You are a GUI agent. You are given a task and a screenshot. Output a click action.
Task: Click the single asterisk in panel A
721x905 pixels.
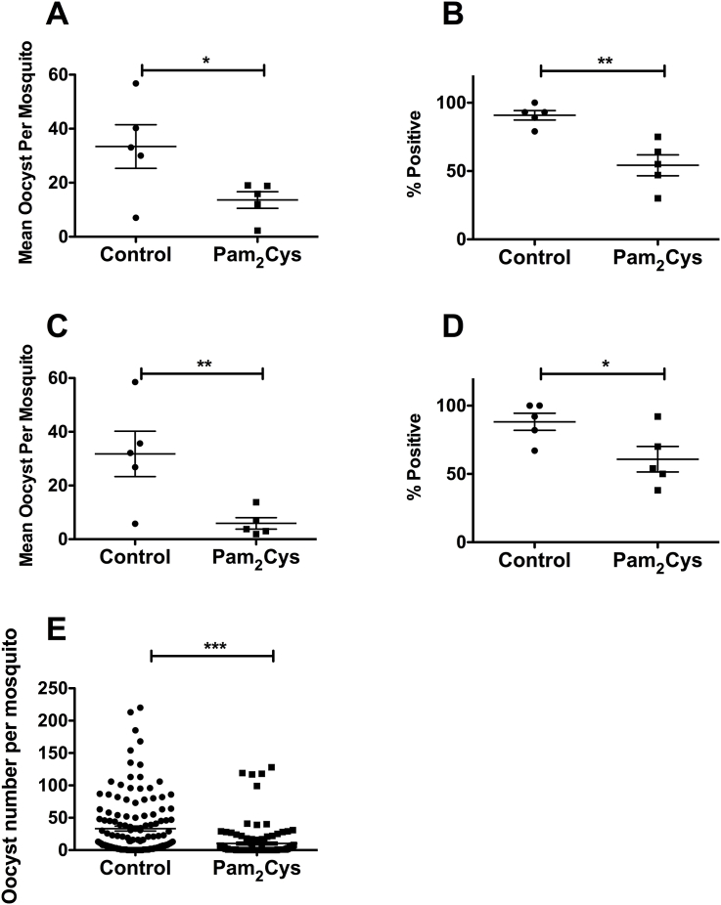point(203,60)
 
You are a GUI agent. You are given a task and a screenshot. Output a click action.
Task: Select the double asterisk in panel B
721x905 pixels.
point(602,60)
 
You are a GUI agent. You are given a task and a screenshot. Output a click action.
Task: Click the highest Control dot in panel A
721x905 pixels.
point(136,83)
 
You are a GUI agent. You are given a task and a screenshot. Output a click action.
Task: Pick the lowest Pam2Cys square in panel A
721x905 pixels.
point(256,231)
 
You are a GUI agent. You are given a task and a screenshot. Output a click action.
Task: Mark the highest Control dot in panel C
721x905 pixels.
point(136,381)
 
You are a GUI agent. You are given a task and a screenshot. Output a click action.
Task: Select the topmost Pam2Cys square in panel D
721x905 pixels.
point(657,416)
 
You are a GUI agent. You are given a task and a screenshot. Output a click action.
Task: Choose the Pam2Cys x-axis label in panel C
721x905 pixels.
point(256,560)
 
